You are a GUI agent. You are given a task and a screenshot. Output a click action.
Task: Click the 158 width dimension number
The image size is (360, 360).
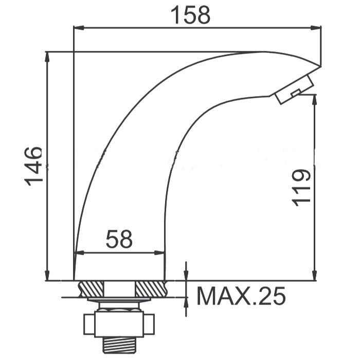[x=191, y=15]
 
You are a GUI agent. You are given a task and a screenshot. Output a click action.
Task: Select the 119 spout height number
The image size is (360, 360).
[x=301, y=188]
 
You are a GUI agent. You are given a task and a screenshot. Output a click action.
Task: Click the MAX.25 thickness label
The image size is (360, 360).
[x=241, y=296]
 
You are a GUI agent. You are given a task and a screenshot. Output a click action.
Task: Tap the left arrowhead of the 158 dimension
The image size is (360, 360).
[x=78, y=28]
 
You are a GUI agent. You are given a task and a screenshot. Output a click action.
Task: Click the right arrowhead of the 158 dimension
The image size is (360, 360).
[x=316, y=28]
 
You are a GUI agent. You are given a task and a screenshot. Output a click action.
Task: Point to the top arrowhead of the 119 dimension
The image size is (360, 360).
[x=315, y=99]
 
